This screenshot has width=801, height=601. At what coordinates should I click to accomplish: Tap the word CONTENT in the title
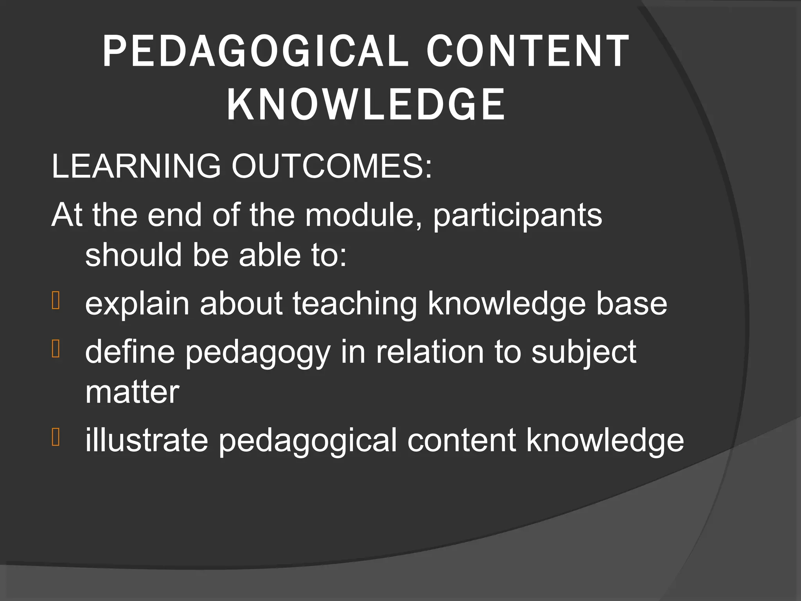528,51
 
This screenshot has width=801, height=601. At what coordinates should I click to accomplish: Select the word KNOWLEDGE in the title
366,104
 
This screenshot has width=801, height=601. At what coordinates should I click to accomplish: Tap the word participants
517,216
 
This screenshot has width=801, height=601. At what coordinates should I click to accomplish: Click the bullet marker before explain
56,301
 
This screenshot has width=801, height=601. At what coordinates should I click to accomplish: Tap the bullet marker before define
56,349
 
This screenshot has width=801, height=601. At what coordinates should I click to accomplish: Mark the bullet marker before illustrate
56,437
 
